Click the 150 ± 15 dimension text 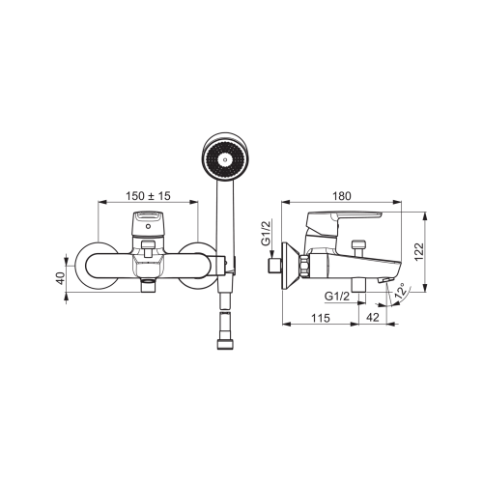click(148, 196)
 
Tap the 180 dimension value click(342, 196)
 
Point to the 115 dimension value click(321, 318)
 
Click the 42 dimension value click(373, 318)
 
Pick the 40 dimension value click(60, 278)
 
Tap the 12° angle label click(401, 292)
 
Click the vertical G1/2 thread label click(267, 233)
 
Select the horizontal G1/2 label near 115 click(337, 296)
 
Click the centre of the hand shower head click(225, 159)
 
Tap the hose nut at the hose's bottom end click(225, 344)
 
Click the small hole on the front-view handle click(148, 226)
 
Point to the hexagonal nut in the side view click(304, 266)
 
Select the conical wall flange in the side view click(289, 267)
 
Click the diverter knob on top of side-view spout click(358, 248)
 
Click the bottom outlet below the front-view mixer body click(148, 285)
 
